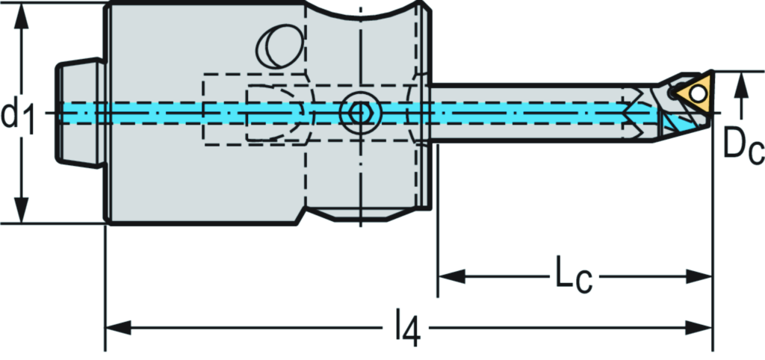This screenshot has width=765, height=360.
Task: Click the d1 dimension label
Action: (x=18, y=114)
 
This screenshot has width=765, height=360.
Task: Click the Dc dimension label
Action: (x=743, y=146)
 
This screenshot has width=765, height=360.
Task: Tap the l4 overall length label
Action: (x=405, y=328)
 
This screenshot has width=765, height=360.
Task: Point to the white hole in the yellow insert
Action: (x=698, y=93)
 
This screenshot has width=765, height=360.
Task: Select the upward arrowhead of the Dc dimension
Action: (x=741, y=84)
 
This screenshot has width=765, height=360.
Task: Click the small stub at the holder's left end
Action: (x=78, y=114)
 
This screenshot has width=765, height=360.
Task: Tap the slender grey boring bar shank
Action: (x=523, y=127)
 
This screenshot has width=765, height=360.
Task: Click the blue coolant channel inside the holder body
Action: (x=224, y=112)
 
